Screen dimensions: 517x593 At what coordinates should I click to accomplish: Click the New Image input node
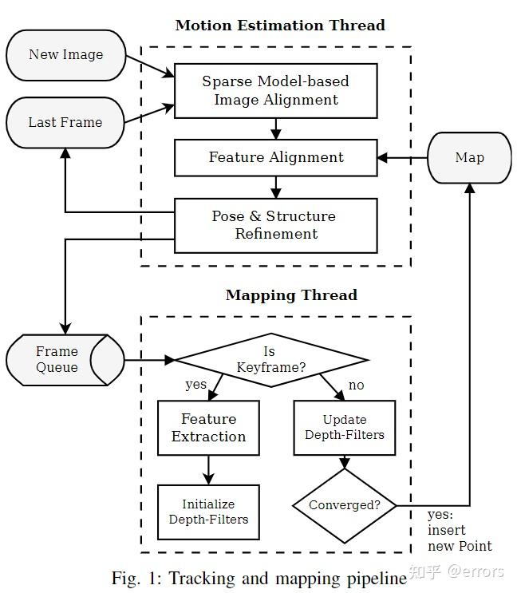click(66, 55)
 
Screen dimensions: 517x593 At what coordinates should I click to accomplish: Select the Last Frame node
click(65, 123)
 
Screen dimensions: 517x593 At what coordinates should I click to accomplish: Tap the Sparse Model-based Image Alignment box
click(276, 91)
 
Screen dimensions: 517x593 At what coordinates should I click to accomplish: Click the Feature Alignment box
click(276, 158)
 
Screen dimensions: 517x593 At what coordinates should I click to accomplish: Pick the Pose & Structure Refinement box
click(276, 225)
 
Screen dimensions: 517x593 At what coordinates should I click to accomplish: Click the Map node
click(469, 158)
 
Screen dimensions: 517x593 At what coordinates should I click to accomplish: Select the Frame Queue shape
click(65, 360)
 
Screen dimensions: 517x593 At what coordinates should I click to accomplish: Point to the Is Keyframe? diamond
click(271, 360)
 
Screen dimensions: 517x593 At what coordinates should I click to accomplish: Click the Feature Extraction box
click(208, 428)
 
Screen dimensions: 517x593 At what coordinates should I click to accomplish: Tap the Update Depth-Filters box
click(345, 428)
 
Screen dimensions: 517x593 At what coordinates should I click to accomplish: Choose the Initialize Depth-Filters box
click(208, 512)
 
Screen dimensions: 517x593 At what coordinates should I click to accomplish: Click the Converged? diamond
click(345, 506)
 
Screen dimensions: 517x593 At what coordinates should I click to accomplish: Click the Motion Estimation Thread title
click(280, 26)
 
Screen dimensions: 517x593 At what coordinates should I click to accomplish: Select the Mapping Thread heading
click(292, 295)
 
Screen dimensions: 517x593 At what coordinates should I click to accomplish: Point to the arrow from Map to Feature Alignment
click(402, 158)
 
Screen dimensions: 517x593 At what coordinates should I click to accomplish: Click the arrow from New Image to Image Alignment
click(150, 66)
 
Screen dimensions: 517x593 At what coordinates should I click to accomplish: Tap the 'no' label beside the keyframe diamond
click(357, 385)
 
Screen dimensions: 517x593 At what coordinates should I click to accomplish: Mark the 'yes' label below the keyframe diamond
click(195, 385)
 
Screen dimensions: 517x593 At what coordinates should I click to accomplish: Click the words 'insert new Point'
click(460, 538)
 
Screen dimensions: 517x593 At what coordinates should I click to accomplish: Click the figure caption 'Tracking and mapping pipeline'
click(287, 579)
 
